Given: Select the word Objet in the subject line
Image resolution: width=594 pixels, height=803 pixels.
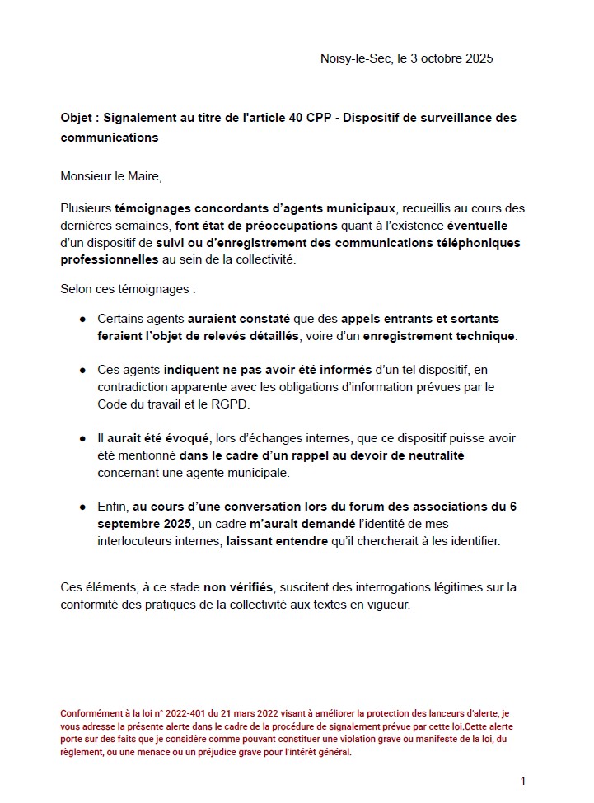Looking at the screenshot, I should tap(77, 118).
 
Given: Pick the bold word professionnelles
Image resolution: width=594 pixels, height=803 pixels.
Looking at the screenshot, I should tap(110, 259).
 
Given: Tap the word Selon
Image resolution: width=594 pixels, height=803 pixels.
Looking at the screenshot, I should tap(77, 289).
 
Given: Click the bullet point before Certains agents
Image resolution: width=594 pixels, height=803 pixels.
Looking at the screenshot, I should tap(83, 319).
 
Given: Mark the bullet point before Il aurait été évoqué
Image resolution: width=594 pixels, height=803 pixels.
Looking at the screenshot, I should tap(83, 439).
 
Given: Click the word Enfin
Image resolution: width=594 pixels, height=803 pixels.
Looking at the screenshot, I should tap(113, 507).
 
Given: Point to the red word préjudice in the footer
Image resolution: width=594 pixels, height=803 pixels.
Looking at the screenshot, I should tap(215, 752).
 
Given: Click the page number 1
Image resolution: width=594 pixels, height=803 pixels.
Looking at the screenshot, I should tap(522, 781).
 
